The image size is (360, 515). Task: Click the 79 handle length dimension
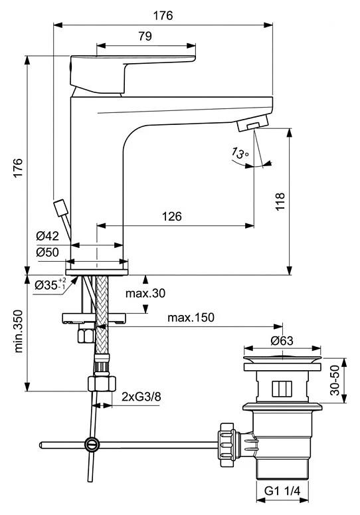click(x=145, y=36)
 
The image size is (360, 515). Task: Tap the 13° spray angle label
click(x=240, y=153)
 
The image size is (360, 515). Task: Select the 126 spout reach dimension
click(x=171, y=216)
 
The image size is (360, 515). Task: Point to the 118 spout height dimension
click(x=280, y=201)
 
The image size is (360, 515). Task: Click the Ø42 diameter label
click(x=48, y=235)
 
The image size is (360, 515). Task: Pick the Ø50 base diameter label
click(x=48, y=253)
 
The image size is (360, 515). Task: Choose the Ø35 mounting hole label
click(x=51, y=284)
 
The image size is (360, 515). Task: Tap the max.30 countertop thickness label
click(x=145, y=293)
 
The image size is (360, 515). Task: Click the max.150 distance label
click(x=191, y=318)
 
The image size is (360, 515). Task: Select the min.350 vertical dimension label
click(x=19, y=331)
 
